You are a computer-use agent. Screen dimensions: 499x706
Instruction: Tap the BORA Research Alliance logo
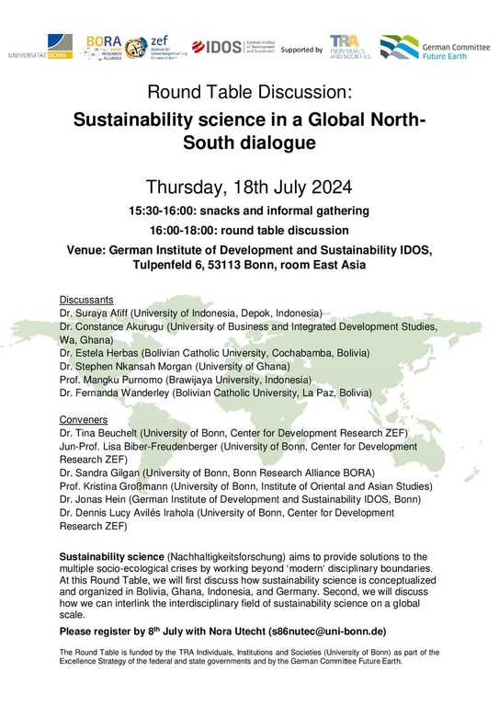point(104,46)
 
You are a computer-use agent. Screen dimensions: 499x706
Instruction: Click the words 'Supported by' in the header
point(301,48)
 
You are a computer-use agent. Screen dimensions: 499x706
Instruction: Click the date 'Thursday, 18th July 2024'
point(249,188)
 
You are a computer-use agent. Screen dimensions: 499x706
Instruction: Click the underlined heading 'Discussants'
point(86,300)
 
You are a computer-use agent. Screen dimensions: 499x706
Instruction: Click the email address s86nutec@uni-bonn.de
point(330,633)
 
